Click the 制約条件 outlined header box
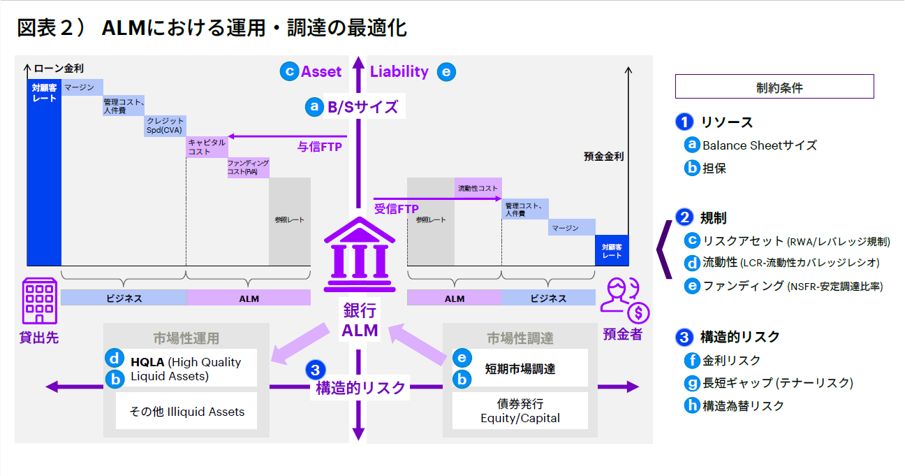(774, 87)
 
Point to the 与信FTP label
(319, 147)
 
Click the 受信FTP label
(396, 208)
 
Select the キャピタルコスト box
(207, 147)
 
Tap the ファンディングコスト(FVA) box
(248, 167)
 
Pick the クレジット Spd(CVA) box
(165, 126)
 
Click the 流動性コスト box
(478, 188)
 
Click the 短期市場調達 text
(520, 368)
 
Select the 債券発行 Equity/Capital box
(520, 411)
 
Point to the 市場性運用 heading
(186, 338)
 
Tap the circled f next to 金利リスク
(692, 361)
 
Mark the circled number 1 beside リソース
(684, 122)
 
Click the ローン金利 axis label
(59, 68)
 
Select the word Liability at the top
(399, 71)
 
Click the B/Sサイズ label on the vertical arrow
(362, 107)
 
